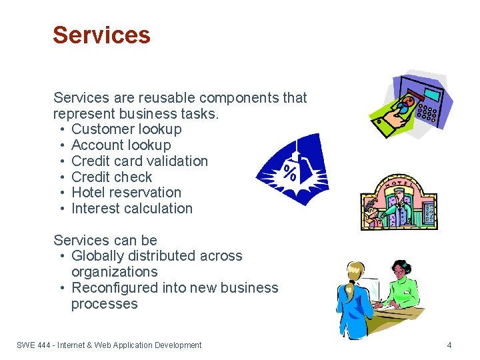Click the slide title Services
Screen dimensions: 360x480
(x=101, y=35)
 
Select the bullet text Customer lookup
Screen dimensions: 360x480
(x=126, y=129)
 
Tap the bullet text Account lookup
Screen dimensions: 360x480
(x=121, y=145)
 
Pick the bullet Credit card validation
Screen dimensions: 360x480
(x=139, y=161)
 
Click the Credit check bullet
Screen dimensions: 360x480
(x=111, y=177)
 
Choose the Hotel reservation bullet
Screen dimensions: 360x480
(x=126, y=193)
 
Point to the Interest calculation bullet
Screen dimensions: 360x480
(x=131, y=209)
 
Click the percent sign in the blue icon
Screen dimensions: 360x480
(x=290, y=173)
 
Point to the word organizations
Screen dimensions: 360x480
(x=114, y=272)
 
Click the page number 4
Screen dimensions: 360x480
(x=449, y=345)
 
